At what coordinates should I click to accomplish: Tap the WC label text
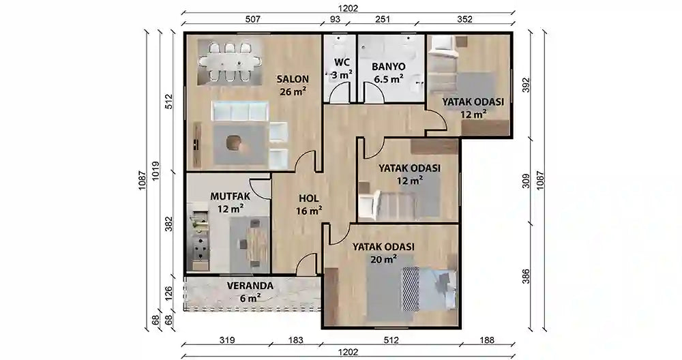point(342,63)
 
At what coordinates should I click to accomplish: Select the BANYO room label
point(389,67)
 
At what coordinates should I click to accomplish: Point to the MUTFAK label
point(230,196)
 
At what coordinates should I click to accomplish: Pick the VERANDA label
point(250,286)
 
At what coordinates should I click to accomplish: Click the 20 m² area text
point(385,259)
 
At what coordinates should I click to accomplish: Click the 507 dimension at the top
point(252,20)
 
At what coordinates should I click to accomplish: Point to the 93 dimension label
point(336,20)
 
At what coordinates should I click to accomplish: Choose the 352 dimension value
point(464,20)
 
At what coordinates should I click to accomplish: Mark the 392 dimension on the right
point(526,85)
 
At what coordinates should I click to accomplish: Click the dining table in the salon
point(230,62)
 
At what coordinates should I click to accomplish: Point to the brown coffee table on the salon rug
point(234,142)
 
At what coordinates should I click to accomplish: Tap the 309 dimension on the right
point(526,181)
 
